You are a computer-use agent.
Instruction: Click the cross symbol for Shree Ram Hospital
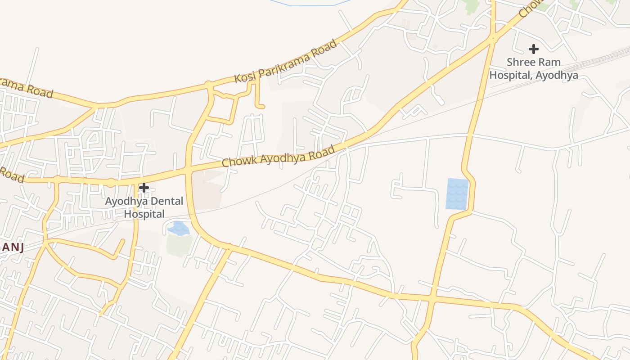pyautogui.click(x=534, y=49)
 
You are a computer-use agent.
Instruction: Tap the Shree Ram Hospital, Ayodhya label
pyautogui.click(x=534, y=68)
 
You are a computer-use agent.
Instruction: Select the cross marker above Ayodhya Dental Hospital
pyautogui.click(x=144, y=188)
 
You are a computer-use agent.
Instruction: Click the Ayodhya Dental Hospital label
pyautogui.click(x=144, y=207)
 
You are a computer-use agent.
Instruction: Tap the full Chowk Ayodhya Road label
pyautogui.click(x=278, y=156)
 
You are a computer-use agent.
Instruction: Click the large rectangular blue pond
pyautogui.click(x=457, y=194)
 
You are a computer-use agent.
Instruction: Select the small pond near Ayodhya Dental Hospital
pyautogui.click(x=179, y=229)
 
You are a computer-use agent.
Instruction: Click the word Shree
pyautogui.click(x=520, y=62)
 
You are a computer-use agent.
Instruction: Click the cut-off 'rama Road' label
pyautogui.click(x=26, y=88)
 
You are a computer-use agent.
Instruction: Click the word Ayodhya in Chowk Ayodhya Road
pyautogui.click(x=275, y=157)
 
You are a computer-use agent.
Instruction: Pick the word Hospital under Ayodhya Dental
pyautogui.click(x=144, y=214)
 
